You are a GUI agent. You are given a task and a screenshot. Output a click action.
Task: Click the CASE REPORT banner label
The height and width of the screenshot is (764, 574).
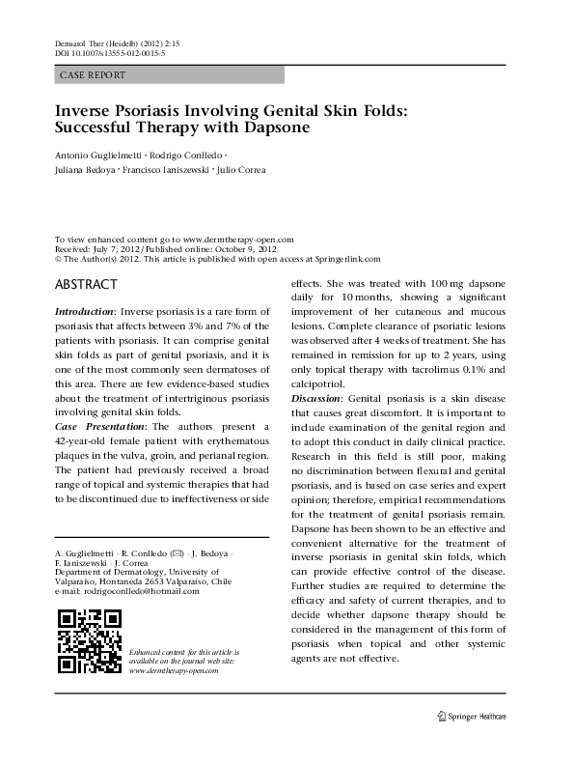88,73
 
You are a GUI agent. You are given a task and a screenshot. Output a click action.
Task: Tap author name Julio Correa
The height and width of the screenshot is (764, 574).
240,170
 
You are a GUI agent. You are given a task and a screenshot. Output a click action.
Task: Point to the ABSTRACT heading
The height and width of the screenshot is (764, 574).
86,285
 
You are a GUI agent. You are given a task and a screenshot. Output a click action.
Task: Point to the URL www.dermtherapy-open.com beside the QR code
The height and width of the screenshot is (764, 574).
172,668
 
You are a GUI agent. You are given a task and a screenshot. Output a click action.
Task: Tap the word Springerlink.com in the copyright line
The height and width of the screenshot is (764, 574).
347,258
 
